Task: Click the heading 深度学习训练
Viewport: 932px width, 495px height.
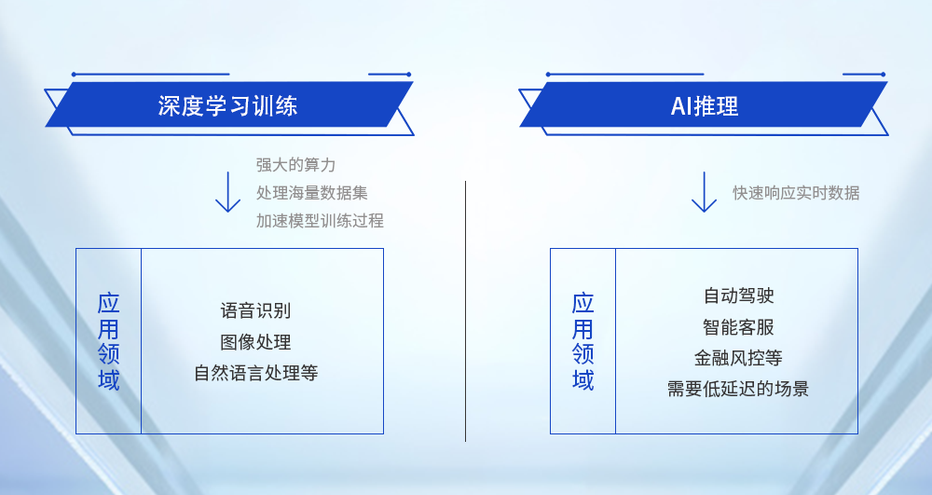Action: (x=227, y=105)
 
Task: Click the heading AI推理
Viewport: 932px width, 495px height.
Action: (x=705, y=105)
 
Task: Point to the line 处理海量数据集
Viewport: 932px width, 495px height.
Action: (x=312, y=193)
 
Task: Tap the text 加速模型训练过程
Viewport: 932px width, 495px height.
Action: (x=320, y=221)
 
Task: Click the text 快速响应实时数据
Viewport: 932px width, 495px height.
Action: (x=796, y=193)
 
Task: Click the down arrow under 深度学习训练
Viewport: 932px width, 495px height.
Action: (x=227, y=192)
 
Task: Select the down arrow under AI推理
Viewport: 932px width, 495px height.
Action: (x=704, y=192)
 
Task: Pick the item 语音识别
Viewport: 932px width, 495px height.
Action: (x=255, y=310)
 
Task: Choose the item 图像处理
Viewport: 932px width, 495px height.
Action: (x=255, y=342)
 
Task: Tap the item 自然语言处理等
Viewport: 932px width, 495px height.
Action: (x=255, y=373)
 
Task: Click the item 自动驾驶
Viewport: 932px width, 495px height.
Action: (x=738, y=296)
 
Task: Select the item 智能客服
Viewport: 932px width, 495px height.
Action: (x=738, y=327)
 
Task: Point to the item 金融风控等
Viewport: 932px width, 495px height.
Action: (x=738, y=358)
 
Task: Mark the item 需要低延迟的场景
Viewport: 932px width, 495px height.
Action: (x=738, y=389)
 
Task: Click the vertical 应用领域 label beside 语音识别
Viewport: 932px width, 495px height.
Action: (x=109, y=341)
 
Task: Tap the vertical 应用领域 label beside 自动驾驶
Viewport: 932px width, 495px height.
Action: (x=583, y=341)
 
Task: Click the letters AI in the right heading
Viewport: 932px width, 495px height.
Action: (x=680, y=105)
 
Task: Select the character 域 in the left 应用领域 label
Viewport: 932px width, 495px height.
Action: (x=109, y=380)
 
